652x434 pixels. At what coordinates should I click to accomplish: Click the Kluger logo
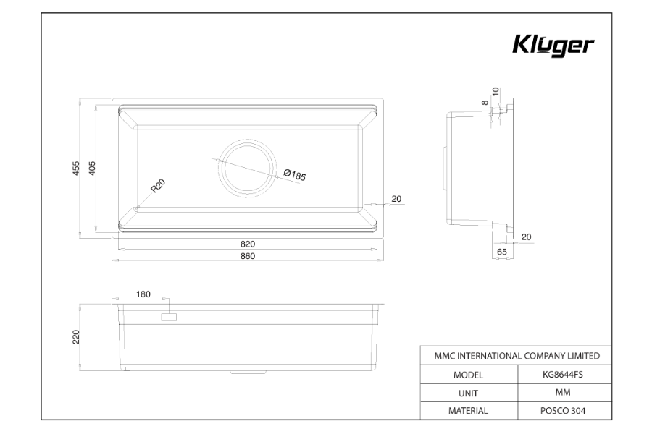point(553,46)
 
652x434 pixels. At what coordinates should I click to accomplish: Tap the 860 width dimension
point(248,256)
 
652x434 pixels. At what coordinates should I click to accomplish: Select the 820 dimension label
point(248,244)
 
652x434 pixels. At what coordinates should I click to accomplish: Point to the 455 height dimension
point(75,168)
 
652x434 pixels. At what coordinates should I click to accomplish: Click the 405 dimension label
point(92,168)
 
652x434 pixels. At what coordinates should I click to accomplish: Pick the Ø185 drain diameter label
point(295,175)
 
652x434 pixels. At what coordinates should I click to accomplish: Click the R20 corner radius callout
point(158,186)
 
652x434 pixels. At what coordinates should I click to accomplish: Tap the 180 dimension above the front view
point(143,294)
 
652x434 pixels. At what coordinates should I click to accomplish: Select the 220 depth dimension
point(75,337)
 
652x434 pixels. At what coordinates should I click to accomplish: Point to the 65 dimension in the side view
point(502,252)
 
